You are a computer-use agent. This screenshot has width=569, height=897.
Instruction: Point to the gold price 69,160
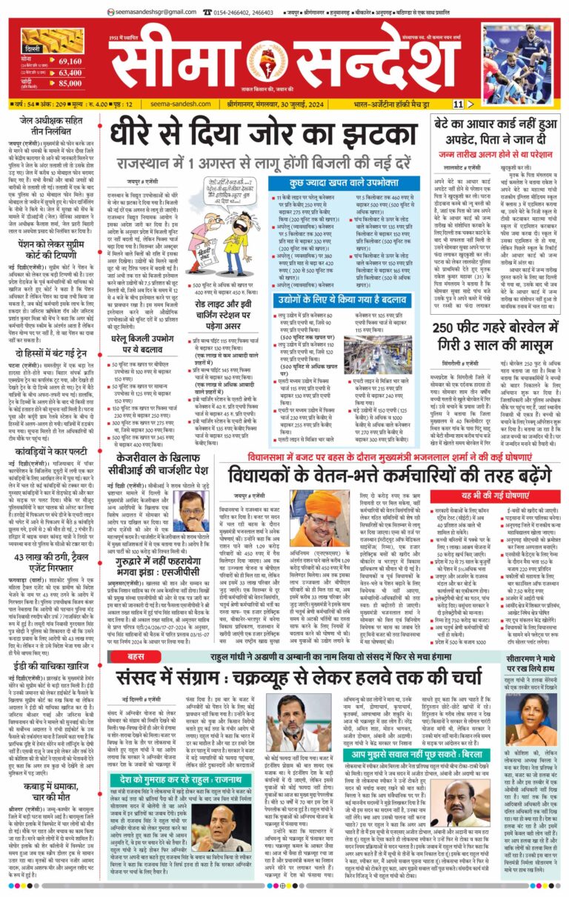[x=70, y=61]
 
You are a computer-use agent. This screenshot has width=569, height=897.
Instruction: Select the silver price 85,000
[x=70, y=84]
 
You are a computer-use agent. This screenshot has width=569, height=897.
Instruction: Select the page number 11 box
[x=459, y=104]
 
